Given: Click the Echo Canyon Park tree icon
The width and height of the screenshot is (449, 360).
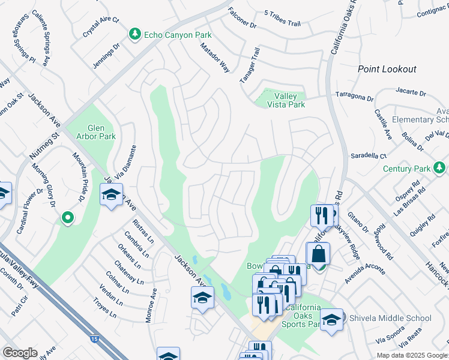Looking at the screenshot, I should (136, 35).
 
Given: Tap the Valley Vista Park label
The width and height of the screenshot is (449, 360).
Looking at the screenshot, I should (289, 100).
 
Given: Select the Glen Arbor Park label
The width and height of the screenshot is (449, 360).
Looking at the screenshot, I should (101, 132).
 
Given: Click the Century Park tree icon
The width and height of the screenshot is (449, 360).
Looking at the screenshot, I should (439, 166).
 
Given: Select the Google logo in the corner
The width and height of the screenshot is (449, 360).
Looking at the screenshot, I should (20, 353).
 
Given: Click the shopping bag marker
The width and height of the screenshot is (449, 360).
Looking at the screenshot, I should (318, 254).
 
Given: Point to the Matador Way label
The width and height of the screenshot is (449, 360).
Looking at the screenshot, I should (215, 58).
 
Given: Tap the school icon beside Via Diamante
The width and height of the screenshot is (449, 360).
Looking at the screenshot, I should (111, 196).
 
